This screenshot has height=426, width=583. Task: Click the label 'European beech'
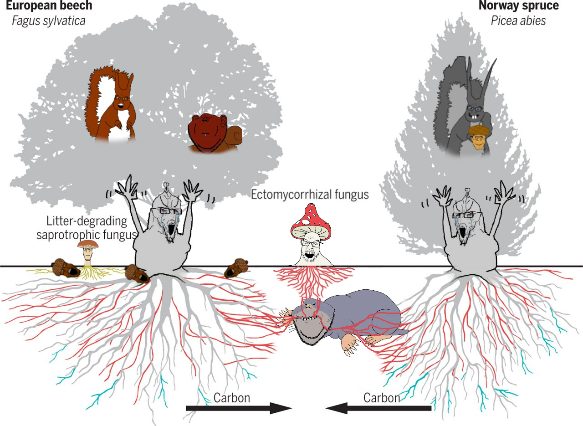click(x=49, y=5)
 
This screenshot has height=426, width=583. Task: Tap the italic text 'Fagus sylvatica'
click(x=49, y=21)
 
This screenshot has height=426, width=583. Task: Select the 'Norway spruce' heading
click(x=519, y=5)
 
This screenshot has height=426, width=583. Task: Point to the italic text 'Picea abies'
click(x=518, y=21)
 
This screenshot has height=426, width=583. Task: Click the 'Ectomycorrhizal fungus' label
click(x=310, y=195)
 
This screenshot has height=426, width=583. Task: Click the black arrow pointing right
click(x=239, y=408)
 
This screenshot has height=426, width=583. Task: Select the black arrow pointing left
click(x=378, y=408)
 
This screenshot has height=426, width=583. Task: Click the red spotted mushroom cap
click(x=311, y=222)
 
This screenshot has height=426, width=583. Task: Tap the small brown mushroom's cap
click(x=88, y=244)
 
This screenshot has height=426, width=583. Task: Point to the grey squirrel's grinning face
click(x=475, y=112)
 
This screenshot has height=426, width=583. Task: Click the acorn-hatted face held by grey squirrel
click(x=478, y=141)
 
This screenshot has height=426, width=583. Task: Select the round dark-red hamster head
click(x=207, y=132)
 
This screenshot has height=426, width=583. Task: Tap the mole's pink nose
click(x=308, y=307)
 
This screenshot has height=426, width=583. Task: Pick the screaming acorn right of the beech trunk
click(x=236, y=268)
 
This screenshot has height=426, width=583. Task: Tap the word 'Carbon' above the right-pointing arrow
click(x=232, y=398)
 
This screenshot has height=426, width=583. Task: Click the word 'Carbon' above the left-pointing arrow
click(x=382, y=398)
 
